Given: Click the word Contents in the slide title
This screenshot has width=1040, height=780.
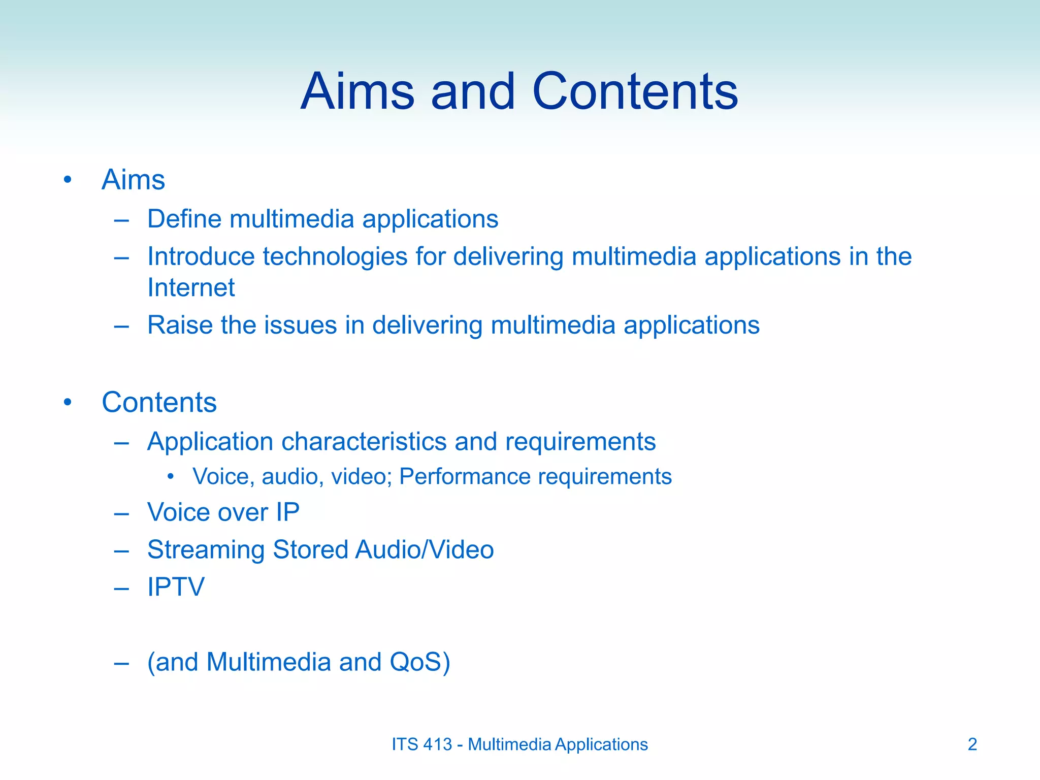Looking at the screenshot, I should (x=635, y=91).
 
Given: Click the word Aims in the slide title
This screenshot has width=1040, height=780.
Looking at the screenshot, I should (x=357, y=91).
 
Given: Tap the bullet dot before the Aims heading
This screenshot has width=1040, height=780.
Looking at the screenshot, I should (x=68, y=180).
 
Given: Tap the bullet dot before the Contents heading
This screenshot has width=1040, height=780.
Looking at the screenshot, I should (x=68, y=403).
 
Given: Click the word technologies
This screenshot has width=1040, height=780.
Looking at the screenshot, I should (x=335, y=257).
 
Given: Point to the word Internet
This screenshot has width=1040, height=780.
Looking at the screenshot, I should (x=191, y=288).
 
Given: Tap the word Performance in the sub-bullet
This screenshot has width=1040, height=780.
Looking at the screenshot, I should (x=465, y=477).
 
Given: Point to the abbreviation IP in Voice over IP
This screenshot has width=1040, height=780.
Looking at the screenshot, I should (x=287, y=512).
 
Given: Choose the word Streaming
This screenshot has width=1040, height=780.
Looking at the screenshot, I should (x=206, y=550).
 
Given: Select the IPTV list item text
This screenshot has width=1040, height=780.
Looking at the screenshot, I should (x=176, y=587).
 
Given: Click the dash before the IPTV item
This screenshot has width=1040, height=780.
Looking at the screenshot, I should (x=121, y=589).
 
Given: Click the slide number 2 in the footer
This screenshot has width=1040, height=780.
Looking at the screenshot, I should (x=972, y=744).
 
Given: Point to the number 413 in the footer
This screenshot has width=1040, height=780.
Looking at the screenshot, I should (x=437, y=744).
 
